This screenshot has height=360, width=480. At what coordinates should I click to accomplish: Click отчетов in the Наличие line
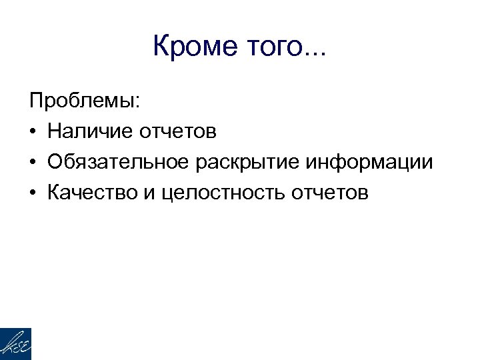(x=177, y=133)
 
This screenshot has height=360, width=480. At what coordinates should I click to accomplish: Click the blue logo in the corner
(x=15, y=344)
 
